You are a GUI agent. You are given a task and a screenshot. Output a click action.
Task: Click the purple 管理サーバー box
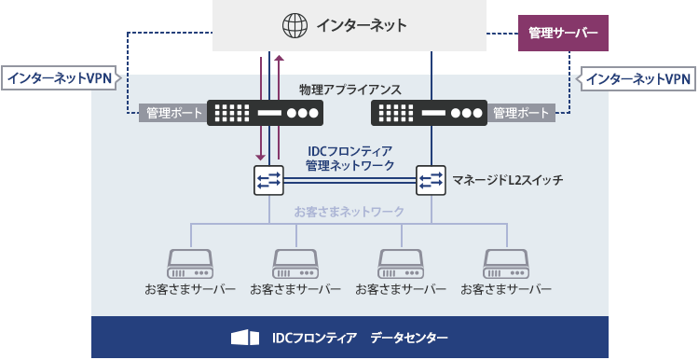coord(563,34)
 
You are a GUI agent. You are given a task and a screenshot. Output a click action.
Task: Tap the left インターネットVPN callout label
coord(59,79)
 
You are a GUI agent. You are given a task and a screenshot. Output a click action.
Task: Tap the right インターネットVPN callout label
coord(639,79)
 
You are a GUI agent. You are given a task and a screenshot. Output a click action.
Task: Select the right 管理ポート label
coord(522,114)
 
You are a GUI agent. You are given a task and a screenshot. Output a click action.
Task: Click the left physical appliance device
coord(266,114)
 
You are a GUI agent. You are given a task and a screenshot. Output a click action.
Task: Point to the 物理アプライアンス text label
coord(349,90)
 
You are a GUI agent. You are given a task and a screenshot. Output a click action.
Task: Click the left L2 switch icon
coord(268,179)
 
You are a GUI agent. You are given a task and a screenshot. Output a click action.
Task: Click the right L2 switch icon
coord(431,179)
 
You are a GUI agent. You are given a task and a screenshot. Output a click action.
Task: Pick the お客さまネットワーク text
coord(349,212)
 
